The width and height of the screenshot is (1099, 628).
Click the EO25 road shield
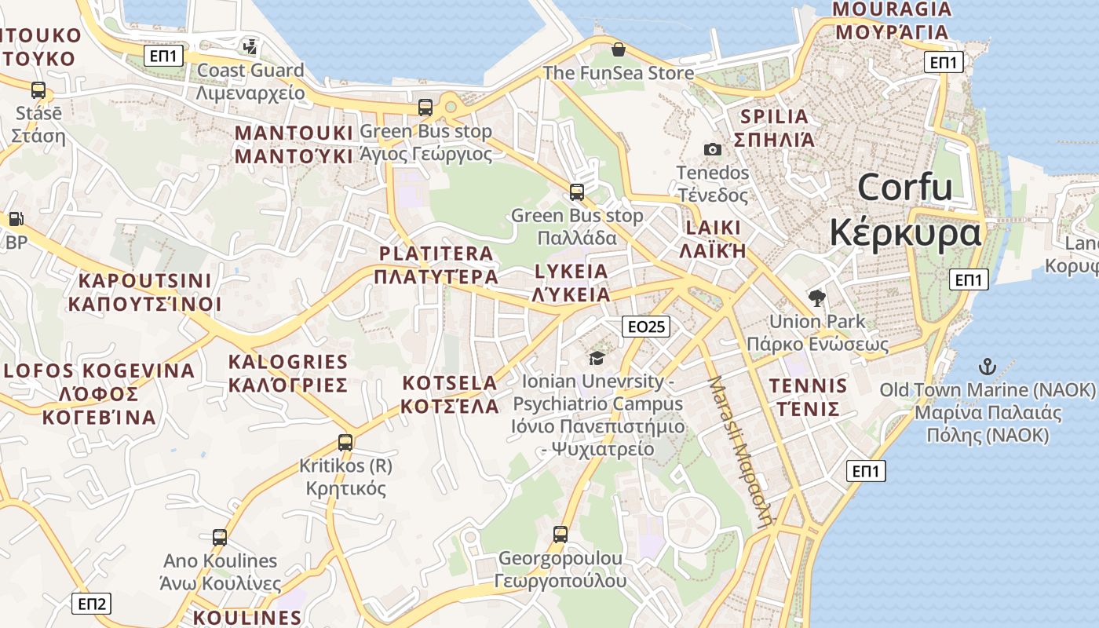point(646,327)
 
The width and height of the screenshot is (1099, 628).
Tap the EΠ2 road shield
point(92,604)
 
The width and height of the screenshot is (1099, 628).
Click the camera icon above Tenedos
point(712,149)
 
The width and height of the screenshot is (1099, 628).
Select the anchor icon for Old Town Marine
point(987,366)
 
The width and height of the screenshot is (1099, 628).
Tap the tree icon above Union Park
point(817,298)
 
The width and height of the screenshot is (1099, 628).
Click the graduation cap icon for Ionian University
point(597,358)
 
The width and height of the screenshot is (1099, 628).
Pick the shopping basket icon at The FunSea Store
point(619,49)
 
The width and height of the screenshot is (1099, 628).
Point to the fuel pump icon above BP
point(16,219)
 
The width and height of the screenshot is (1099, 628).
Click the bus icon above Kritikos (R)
point(345,442)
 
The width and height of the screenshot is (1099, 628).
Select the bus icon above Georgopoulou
point(560,535)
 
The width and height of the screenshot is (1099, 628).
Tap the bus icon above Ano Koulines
point(220,538)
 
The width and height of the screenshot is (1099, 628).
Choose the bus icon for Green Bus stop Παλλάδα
point(577,192)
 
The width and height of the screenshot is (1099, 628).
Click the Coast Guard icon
point(250,47)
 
